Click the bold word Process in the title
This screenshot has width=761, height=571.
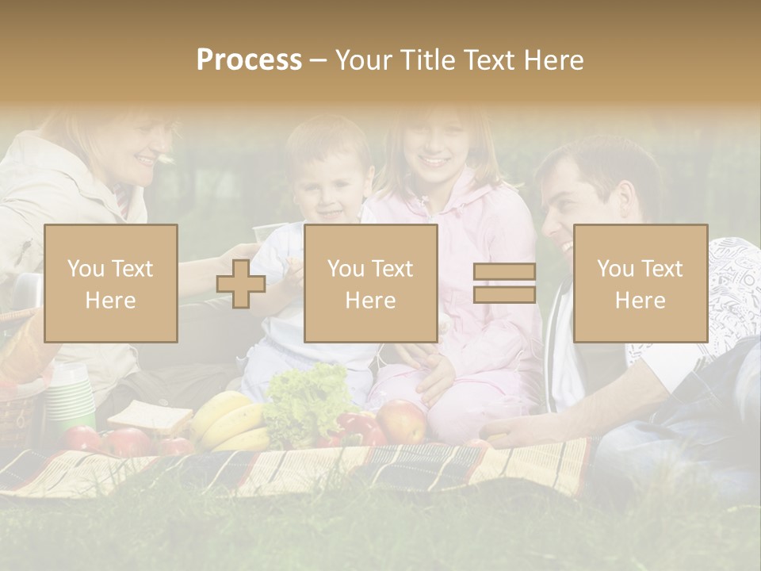coord(249,60)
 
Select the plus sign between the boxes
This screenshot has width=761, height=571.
coord(241,283)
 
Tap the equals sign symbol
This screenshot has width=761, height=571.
coord(504,283)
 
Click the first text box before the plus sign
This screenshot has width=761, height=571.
coord(110,283)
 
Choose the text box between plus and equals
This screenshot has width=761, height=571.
coord(370,283)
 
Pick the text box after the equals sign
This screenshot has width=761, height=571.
coord(640,283)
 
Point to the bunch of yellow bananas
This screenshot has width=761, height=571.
coord(230,420)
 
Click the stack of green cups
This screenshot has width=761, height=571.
coord(71,397)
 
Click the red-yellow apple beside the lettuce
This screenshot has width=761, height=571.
coord(401,420)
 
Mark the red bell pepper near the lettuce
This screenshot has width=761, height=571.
coord(357,428)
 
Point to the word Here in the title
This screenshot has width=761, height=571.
coord(554,60)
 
